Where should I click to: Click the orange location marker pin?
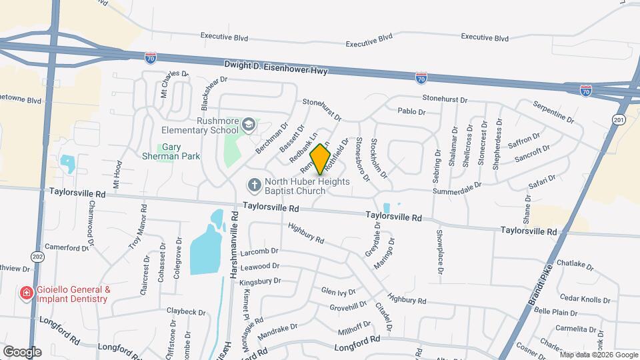[320, 159]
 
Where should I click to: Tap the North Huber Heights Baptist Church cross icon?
[253, 184]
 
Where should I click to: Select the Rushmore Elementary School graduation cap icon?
[248, 124]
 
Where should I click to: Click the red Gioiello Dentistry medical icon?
[26, 293]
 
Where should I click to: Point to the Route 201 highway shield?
[619, 118]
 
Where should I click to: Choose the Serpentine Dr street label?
[553, 111]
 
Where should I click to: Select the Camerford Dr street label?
[67, 247]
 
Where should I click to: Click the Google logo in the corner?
[22, 351]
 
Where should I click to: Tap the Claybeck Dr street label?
[185, 311]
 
